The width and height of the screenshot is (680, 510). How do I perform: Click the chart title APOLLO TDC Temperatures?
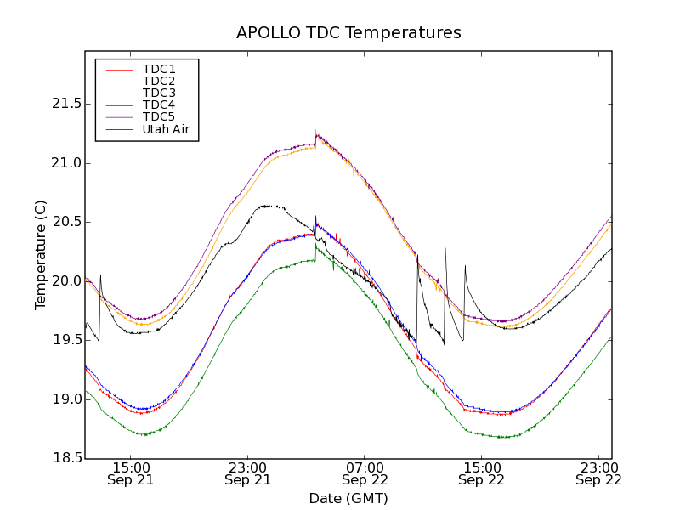click(348, 33)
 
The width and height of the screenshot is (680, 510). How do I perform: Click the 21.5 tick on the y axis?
click(65, 104)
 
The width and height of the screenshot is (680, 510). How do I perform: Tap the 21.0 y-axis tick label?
click(65, 163)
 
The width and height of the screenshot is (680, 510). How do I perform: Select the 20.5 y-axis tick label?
click(65, 222)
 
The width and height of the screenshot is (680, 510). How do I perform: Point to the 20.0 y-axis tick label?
click(65, 281)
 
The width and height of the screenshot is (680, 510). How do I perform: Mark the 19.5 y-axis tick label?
click(65, 340)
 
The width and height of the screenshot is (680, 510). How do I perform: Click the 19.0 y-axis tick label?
click(65, 399)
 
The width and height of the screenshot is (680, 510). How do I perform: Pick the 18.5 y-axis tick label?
click(65, 459)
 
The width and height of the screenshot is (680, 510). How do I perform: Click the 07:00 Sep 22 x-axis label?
click(365, 473)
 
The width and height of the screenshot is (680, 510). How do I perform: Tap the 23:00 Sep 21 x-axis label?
click(247, 473)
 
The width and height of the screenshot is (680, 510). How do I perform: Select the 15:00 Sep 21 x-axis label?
click(131, 473)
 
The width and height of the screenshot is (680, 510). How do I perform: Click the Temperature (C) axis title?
click(41, 255)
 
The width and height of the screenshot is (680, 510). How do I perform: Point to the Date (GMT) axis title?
click(348, 498)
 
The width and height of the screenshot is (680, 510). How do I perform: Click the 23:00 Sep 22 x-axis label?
click(598, 473)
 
